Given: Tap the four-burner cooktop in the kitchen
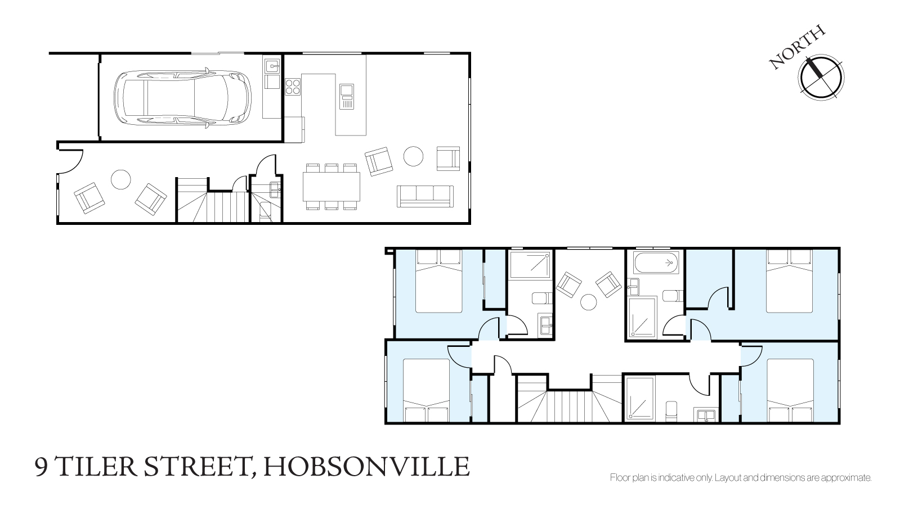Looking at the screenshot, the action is point(293,87).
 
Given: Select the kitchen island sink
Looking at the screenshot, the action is point(346,96).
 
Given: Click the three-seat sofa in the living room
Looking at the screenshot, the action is point(425,196).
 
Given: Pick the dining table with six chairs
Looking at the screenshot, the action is point(332,187).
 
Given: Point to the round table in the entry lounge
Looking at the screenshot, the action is point(120,180).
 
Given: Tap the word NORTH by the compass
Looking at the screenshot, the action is point(797,47).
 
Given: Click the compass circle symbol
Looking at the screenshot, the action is point(821,78).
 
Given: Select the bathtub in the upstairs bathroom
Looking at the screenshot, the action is point(656,263).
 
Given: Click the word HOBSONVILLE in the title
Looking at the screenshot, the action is point(366,466).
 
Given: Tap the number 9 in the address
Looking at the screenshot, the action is point(42,467).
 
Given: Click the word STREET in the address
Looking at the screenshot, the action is point(196,466).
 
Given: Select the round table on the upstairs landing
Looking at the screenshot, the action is point(589,302).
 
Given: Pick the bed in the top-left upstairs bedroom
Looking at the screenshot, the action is point(439,281).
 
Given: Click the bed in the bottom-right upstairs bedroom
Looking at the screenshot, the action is point(790,390).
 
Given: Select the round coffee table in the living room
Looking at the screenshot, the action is point(414,156).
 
